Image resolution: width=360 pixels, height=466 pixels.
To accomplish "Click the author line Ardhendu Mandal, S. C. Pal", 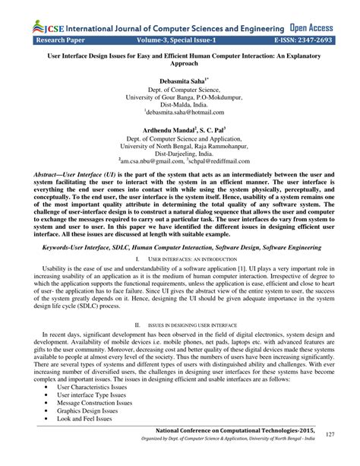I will (179, 131).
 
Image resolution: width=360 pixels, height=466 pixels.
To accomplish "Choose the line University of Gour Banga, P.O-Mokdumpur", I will (179, 98).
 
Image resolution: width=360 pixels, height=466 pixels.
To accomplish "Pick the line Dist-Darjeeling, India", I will (179, 152).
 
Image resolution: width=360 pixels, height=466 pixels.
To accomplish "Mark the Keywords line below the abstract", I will (179, 246).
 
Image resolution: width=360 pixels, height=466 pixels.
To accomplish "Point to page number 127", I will (330, 434).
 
